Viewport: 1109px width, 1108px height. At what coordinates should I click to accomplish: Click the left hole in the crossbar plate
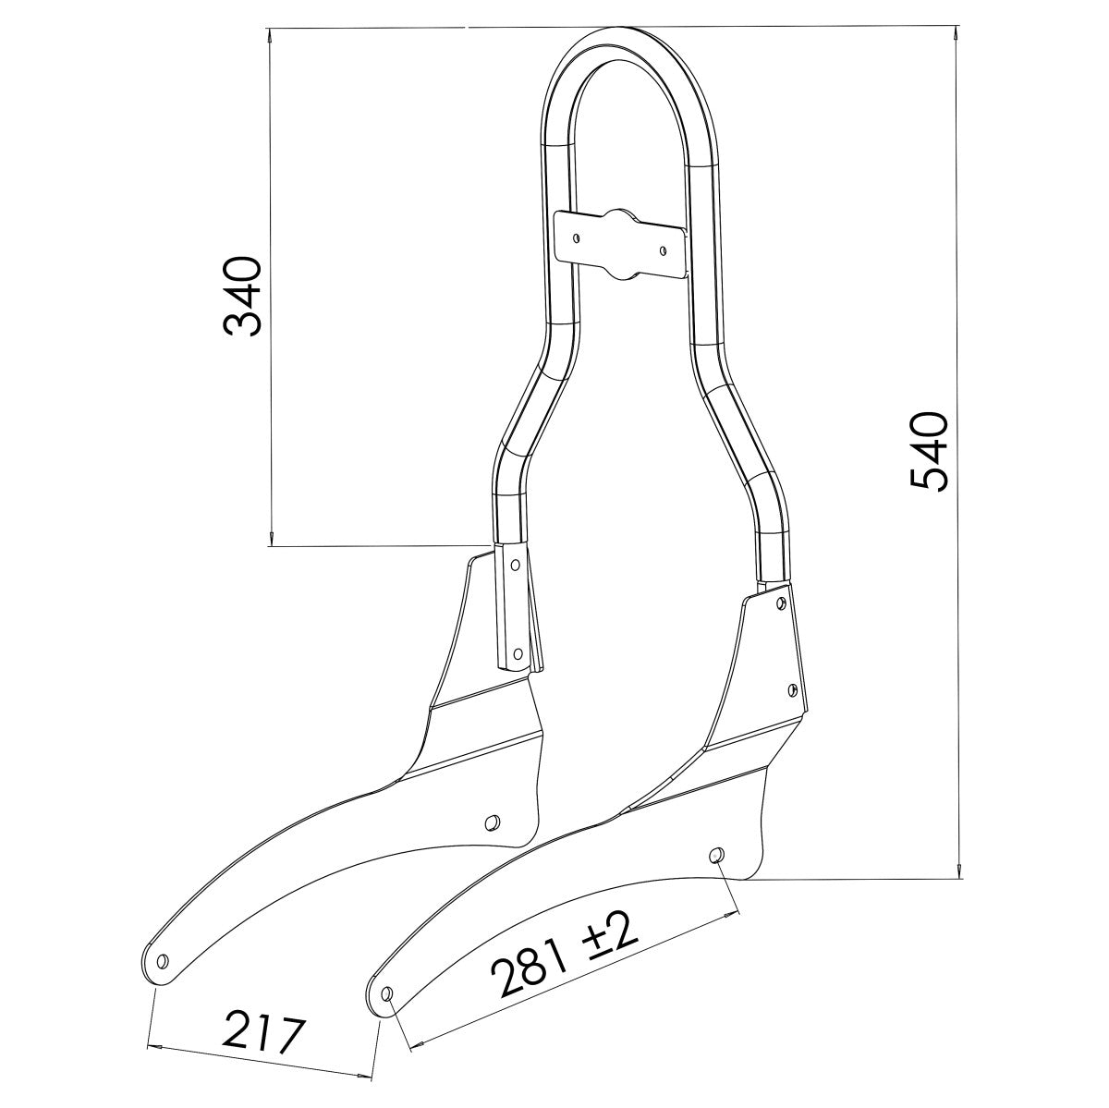coord(577,237)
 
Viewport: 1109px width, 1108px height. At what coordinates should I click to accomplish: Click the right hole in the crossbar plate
coord(662,247)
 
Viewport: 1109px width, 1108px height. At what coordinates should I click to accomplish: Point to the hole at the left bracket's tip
coord(164,961)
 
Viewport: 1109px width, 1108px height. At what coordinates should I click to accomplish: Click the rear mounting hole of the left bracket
coord(493,820)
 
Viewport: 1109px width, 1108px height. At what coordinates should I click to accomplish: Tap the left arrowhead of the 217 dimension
coord(155,1046)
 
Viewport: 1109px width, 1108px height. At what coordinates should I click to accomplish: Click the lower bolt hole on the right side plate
coord(792,688)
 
